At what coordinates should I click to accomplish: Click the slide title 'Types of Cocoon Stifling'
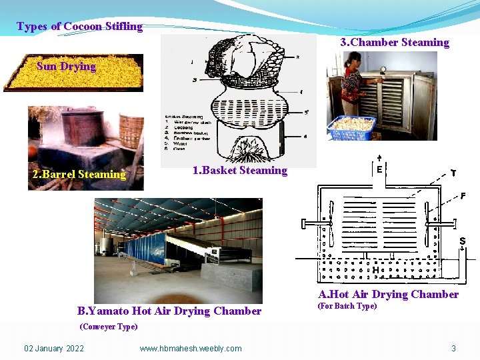(x=79, y=27)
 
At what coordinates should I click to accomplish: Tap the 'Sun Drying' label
(x=66, y=66)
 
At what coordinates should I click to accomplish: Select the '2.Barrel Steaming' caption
(x=79, y=175)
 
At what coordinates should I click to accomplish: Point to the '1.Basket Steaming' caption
(x=239, y=171)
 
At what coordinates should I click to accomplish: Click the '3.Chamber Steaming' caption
(x=395, y=43)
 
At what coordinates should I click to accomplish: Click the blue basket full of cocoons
(x=352, y=127)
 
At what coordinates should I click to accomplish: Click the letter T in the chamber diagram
(x=453, y=172)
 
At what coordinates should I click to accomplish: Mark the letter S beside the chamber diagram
(x=461, y=241)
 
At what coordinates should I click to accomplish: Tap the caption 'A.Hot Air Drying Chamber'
(x=388, y=294)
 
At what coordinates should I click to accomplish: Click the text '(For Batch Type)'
(x=347, y=306)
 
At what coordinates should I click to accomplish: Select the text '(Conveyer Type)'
(x=108, y=327)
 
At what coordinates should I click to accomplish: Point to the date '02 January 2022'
(x=54, y=348)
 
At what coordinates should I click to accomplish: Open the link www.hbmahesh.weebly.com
(x=191, y=348)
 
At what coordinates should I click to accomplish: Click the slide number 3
(x=453, y=348)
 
